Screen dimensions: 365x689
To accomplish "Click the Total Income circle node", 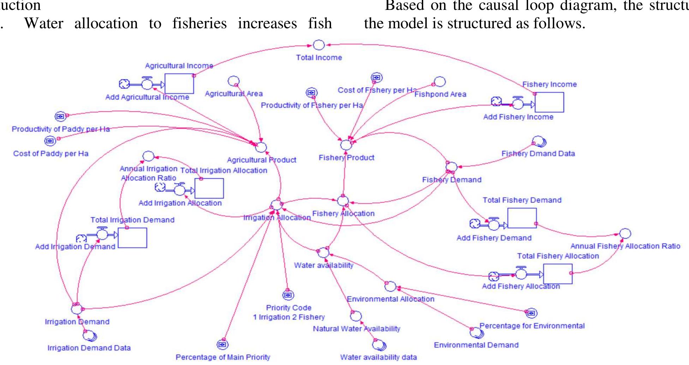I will (318, 45).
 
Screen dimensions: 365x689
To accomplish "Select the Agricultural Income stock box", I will (179, 84).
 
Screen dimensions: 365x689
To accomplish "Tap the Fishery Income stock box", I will (549, 102).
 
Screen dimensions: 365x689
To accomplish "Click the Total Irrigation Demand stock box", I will (132, 238).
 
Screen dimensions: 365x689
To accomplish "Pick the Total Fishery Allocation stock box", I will (558, 274).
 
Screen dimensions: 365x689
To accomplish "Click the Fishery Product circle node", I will (346, 145).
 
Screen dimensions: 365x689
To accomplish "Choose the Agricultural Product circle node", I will (261, 147).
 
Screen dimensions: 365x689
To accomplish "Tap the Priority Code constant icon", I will (288, 295).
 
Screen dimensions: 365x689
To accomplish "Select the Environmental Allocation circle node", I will (390, 286).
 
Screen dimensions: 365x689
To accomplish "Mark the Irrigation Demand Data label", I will (89, 348).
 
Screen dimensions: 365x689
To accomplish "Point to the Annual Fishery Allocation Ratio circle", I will (625, 234).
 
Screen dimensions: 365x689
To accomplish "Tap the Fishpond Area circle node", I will (440, 82).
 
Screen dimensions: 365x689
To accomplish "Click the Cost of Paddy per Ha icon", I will (50, 141).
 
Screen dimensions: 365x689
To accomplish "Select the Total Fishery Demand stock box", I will (522, 218).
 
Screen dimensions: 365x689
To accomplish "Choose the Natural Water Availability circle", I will (356, 316).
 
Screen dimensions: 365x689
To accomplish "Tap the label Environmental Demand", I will (476, 345).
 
